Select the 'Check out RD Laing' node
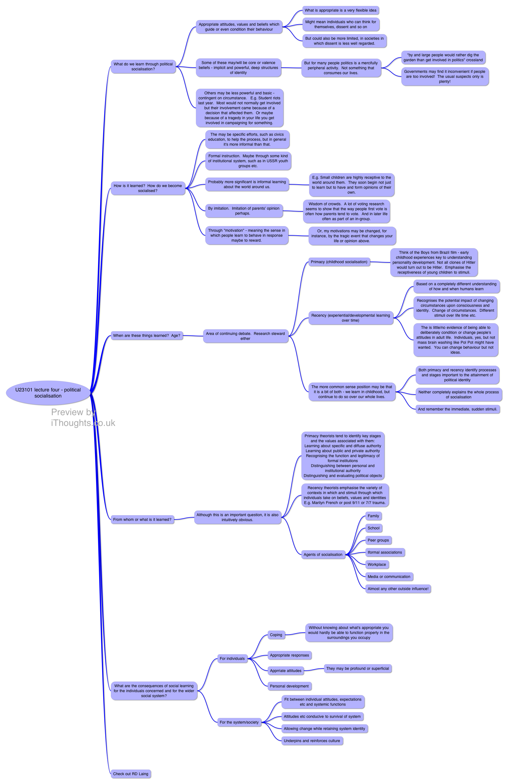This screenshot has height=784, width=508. click(131, 774)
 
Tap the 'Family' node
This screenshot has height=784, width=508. click(373, 516)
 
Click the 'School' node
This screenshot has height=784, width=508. click(374, 528)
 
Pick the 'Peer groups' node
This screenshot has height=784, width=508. click(378, 540)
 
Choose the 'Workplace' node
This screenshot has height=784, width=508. click(377, 564)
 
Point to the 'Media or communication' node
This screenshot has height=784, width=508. click(389, 577)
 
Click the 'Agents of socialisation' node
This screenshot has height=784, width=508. click(323, 554)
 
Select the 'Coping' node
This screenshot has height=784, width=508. click(276, 635)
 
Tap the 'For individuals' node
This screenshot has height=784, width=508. click(232, 658)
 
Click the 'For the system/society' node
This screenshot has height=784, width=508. click(239, 722)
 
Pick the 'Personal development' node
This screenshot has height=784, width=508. click(289, 686)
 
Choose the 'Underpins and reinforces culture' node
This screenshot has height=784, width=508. click(312, 741)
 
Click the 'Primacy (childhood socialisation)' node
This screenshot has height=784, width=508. click(339, 262)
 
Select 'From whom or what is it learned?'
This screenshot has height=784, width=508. click(142, 519)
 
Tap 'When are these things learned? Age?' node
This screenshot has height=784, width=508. click(147, 336)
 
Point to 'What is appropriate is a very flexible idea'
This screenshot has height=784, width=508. click(340, 10)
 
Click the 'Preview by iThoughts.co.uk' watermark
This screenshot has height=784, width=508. click(83, 417)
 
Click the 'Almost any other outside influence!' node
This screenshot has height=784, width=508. click(398, 589)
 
